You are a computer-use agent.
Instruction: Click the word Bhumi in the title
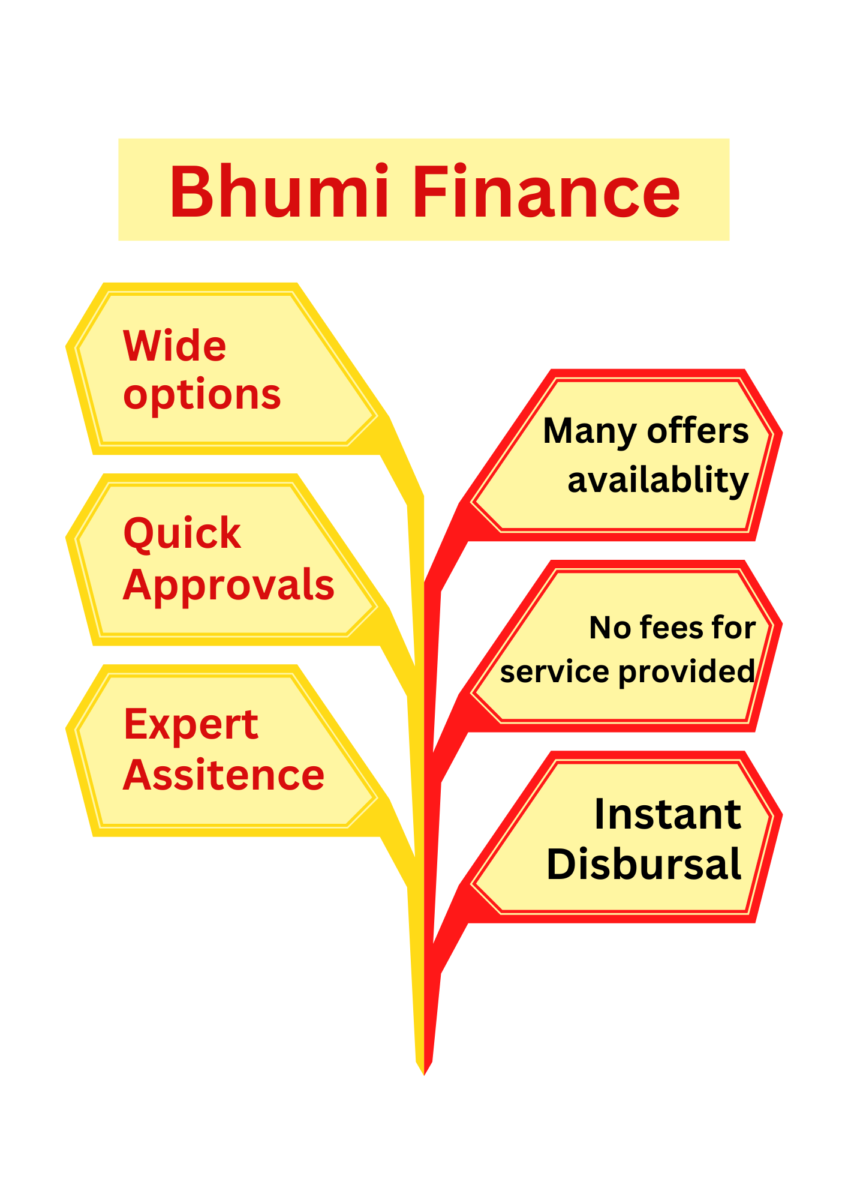tap(279, 192)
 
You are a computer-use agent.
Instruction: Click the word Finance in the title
tap(546, 192)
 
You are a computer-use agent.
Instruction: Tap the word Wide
tap(175, 346)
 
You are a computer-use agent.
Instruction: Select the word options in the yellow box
tap(202, 395)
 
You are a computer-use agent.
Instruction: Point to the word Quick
tap(182, 533)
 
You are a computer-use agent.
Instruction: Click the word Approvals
tap(228, 585)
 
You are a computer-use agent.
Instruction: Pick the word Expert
tap(191, 724)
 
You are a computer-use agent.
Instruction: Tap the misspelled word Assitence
tap(224, 775)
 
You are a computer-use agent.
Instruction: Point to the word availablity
tap(658, 481)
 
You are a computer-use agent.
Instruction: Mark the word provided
tap(687, 671)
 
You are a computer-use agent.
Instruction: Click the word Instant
tap(667, 815)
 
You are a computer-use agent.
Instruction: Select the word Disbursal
tap(644, 865)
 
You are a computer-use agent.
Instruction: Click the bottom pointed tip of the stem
tap(424, 1073)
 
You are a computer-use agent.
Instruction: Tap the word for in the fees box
tap(733, 628)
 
